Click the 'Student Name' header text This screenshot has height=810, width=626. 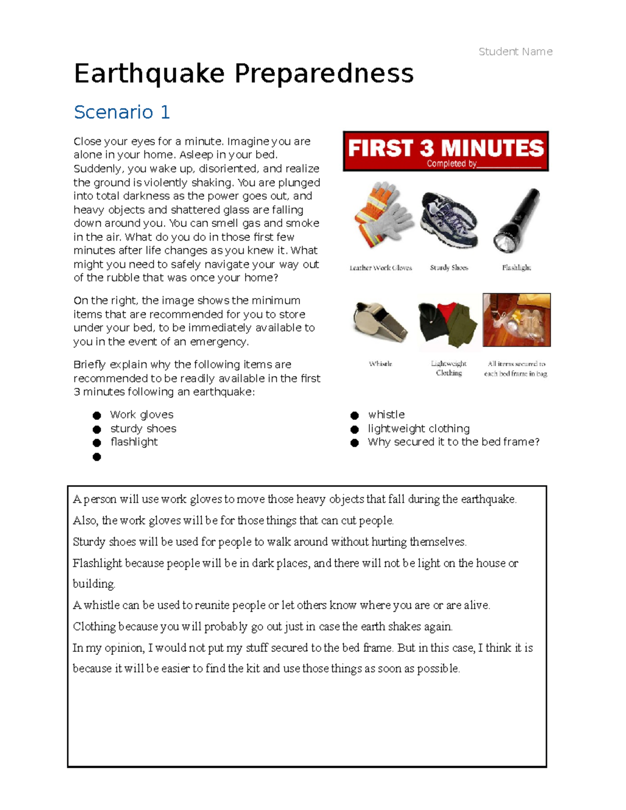click(x=515, y=52)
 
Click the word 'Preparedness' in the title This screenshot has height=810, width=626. click(x=324, y=74)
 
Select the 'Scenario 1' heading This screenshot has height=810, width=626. click(x=122, y=112)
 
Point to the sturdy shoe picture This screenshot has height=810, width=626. click(x=449, y=219)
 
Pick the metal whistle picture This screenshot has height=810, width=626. click(x=379, y=322)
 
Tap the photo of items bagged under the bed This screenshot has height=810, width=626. click(x=516, y=320)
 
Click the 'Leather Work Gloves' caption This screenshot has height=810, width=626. click(x=380, y=268)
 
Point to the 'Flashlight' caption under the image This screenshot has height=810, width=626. click(x=516, y=268)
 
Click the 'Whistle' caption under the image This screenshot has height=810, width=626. click(x=380, y=364)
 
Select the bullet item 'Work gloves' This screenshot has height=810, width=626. click(x=141, y=415)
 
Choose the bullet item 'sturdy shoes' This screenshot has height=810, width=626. click(x=143, y=429)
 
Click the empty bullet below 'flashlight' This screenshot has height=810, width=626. click(x=97, y=457)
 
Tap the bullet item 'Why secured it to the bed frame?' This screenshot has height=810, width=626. click(x=453, y=442)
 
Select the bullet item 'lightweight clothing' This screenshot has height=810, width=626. click(x=418, y=429)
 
